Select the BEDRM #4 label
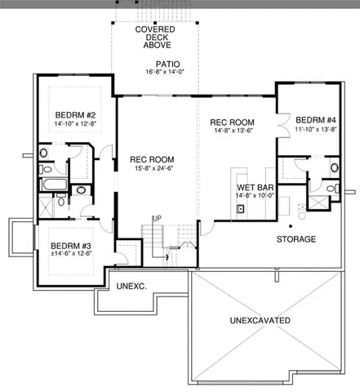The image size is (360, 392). tap(315, 117)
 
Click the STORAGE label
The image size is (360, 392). tap(296, 239)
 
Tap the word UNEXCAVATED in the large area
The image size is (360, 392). tap(260, 321)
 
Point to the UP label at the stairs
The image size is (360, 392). tap(156, 219)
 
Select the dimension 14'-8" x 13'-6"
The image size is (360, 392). tap(233, 131)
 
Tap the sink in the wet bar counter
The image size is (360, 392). tap(242, 209)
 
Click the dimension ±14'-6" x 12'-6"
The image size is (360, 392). tap(69, 255)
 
